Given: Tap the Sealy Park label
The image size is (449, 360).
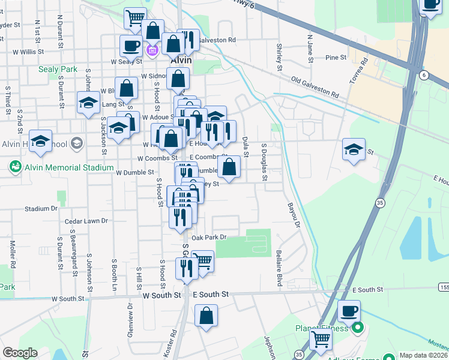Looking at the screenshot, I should (x=58, y=70).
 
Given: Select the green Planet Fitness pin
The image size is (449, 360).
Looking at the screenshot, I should (x=358, y=328).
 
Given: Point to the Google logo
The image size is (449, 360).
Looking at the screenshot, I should (x=20, y=353).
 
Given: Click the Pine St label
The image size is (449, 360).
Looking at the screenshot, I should (x=336, y=58).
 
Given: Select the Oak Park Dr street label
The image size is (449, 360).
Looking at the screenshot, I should (x=209, y=237).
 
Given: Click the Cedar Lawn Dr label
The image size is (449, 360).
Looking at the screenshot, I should (x=86, y=221).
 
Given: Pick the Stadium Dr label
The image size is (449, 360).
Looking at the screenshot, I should (x=41, y=209).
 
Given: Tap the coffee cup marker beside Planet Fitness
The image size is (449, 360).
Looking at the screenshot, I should (x=349, y=311).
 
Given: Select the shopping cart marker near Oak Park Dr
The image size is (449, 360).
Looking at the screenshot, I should (x=203, y=261).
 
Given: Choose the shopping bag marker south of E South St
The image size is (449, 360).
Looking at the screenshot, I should (x=206, y=316).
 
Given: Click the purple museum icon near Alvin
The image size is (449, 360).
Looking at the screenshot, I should (x=152, y=50).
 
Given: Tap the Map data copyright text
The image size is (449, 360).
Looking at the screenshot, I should (x=424, y=355).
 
